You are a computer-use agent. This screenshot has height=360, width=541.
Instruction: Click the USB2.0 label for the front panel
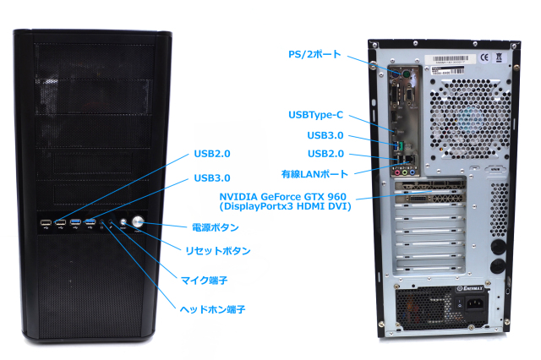[212, 154]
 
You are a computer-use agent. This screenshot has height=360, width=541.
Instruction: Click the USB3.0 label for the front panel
[212, 178]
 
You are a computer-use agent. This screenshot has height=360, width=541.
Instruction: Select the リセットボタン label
[217, 251]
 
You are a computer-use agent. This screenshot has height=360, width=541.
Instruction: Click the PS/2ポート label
[314, 54]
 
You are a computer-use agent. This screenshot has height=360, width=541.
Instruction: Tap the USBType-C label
[316, 115]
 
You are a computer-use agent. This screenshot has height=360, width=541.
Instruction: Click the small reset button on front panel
[123, 223]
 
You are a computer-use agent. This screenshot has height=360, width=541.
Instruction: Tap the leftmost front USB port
[44, 223]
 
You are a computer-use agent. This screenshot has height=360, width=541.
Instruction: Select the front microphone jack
[112, 224]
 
